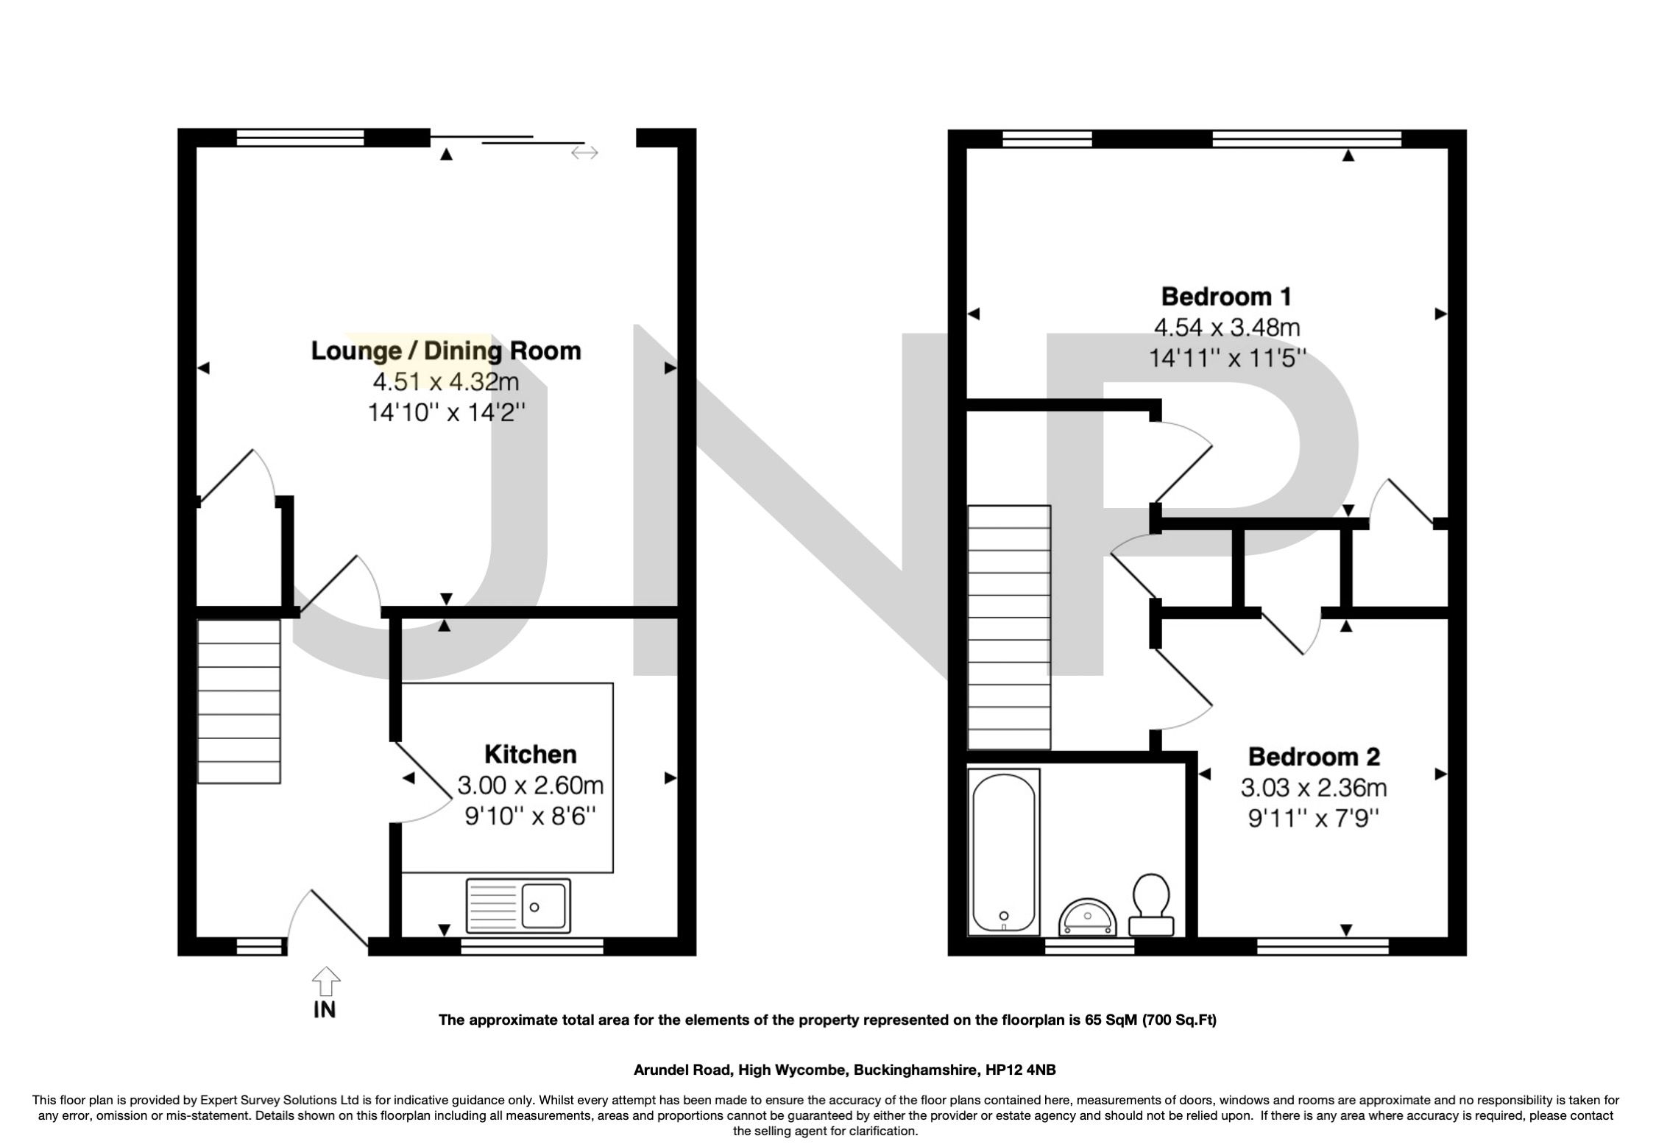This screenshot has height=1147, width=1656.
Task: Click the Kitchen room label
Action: click(530, 754)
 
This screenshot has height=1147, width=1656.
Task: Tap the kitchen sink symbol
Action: click(517, 906)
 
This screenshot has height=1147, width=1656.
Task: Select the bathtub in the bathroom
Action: click(1005, 851)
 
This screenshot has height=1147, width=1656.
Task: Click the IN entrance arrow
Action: click(325, 984)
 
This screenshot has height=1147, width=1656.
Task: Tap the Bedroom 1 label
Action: click(1225, 297)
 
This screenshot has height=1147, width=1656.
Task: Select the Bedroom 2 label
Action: click(1314, 756)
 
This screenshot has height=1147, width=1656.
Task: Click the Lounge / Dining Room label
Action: click(446, 350)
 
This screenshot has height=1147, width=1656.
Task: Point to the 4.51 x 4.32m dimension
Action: click(446, 381)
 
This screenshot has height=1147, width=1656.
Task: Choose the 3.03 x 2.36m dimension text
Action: click(1314, 788)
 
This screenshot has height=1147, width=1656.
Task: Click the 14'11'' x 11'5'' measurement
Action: click(1227, 359)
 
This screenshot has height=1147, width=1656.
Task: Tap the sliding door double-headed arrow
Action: click(584, 152)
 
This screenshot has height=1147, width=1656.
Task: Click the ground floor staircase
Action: click(239, 701)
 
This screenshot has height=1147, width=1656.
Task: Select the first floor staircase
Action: click(1008, 627)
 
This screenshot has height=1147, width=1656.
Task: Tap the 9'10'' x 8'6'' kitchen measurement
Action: click(529, 816)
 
